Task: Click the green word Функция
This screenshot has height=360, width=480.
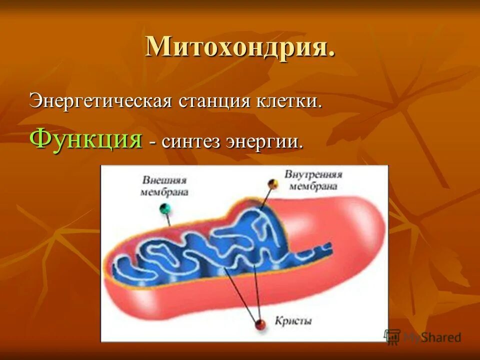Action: (85, 138)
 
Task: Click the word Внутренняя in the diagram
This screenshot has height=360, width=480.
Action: (313, 174)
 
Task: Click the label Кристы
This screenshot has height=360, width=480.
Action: (293, 320)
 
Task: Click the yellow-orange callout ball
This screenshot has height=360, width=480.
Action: (272, 184)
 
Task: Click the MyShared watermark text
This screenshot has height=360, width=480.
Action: (432, 337)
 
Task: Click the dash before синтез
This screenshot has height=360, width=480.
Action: (151, 143)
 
